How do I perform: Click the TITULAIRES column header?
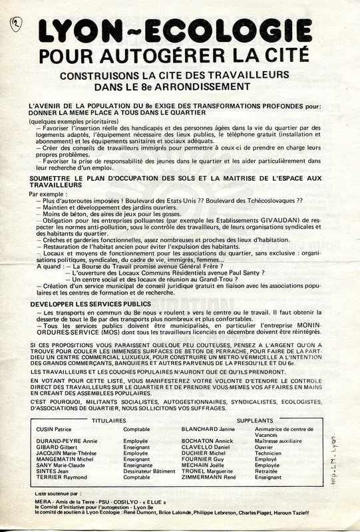tap(108, 422)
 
